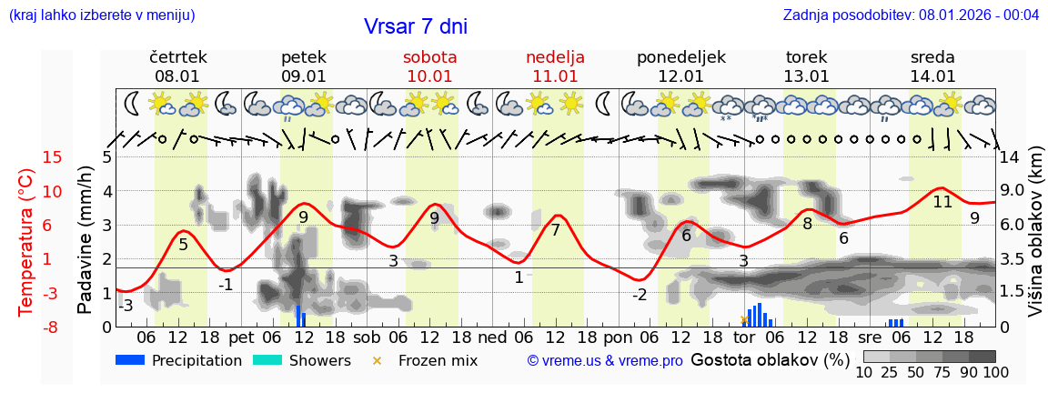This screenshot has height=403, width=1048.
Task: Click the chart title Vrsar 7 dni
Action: click(415, 26)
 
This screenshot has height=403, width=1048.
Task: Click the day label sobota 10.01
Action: click(429, 66)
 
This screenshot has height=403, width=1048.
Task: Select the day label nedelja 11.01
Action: click(555, 66)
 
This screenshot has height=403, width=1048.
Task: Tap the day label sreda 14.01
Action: click(932, 66)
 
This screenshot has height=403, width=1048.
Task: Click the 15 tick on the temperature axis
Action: click(53, 157)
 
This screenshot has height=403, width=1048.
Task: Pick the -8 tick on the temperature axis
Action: click(53, 327)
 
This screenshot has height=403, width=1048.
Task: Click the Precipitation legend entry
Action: click(179, 360)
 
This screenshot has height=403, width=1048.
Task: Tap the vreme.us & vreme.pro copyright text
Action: click(605, 360)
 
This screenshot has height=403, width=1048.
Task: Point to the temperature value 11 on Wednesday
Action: click(942, 202)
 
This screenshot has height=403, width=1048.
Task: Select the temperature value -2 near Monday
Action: click(639, 295)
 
